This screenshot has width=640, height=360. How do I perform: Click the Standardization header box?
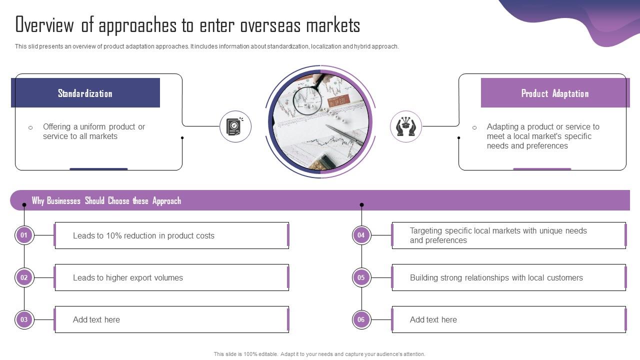point(85,93)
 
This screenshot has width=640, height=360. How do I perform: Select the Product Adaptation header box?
point(555,93)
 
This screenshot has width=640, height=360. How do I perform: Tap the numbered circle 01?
point(24,235)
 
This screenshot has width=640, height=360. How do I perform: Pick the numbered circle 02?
point(24,277)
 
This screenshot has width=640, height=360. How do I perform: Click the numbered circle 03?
point(24,319)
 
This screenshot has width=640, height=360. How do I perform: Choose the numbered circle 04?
point(361,235)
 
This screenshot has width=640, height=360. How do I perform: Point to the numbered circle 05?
point(361,277)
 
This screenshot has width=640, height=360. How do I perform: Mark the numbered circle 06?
point(361,319)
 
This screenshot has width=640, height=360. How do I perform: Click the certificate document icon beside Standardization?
point(235,126)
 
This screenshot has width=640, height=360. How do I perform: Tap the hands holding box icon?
point(405,126)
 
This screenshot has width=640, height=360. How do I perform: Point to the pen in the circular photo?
point(345,135)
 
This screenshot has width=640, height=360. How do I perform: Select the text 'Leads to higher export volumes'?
point(128,278)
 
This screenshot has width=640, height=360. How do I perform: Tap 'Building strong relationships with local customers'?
point(496,278)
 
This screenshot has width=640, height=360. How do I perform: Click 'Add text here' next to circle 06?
point(433,320)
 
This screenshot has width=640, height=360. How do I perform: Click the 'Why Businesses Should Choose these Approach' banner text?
point(106,201)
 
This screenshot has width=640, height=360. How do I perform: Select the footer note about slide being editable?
point(319,354)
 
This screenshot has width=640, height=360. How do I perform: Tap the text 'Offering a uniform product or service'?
point(93,131)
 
